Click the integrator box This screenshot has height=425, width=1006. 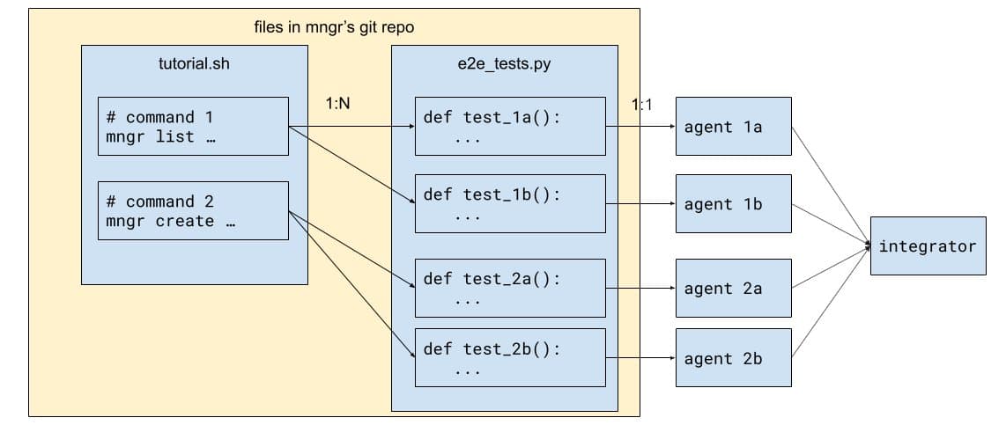[928, 246]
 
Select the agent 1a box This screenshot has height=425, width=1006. [733, 127]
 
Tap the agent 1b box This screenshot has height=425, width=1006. [733, 204]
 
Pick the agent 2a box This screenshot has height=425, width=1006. [733, 289]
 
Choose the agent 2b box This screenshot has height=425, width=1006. [733, 358]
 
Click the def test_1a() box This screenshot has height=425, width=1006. [510, 126]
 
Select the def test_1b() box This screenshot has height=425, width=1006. [510, 203]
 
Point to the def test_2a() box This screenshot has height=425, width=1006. [510, 288]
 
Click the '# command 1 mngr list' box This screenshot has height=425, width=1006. [193, 127]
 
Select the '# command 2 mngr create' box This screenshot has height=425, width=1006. [193, 210]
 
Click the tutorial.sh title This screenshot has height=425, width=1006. [194, 63]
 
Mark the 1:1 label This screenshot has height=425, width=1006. [641, 105]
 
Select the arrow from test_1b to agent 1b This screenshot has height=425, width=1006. [640, 204]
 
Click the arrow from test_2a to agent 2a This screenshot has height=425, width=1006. [640, 289]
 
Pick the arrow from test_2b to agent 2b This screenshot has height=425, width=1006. [640, 358]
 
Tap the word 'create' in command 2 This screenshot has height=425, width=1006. [185, 221]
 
